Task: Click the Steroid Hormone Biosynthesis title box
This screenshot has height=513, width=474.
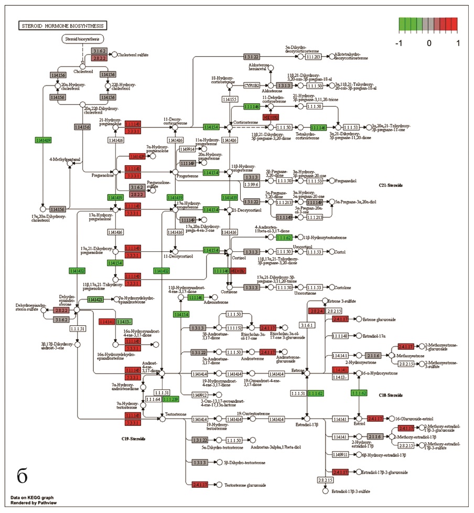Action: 62,25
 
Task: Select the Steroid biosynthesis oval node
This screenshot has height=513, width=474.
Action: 82,39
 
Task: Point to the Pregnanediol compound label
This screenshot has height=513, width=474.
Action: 349,181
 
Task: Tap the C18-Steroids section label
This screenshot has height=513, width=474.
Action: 391,395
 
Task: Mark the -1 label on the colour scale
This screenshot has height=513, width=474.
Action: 402,42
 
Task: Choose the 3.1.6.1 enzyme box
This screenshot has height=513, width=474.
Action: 308,325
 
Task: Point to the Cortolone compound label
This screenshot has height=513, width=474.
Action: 343,287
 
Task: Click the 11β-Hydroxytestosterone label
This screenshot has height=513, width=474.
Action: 320,238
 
